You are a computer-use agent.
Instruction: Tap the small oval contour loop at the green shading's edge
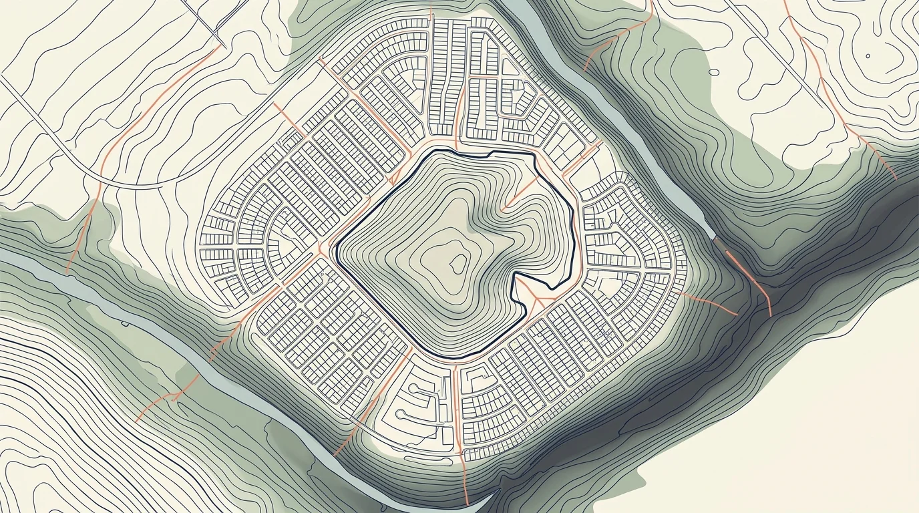[715, 71]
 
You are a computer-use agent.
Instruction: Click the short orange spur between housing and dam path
[708, 301]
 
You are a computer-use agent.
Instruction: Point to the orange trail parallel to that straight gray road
[828, 87]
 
